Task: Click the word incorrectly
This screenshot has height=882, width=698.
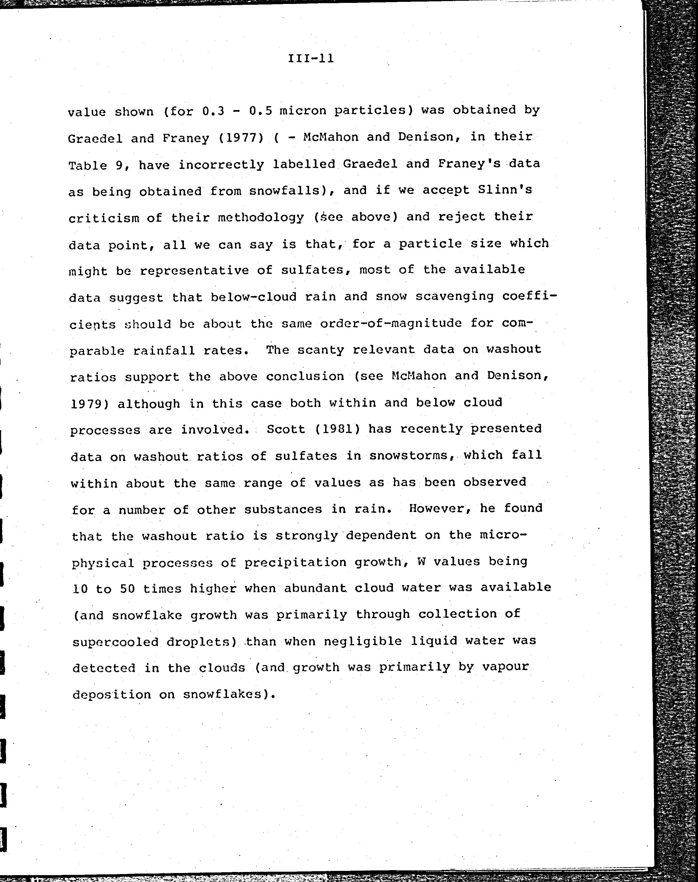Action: pyautogui.click(x=221, y=165)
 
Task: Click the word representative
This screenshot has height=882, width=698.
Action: pyautogui.click(x=194, y=271)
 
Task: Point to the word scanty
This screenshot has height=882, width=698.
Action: pyautogui.click(x=320, y=350)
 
